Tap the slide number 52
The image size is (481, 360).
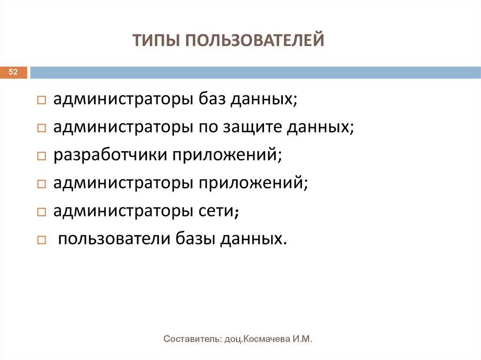[x=13, y=72]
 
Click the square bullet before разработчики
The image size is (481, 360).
[x=41, y=156]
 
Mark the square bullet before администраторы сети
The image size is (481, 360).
[x=41, y=212]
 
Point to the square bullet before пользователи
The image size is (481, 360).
[x=41, y=240]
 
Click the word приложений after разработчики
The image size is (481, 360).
[x=225, y=155]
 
